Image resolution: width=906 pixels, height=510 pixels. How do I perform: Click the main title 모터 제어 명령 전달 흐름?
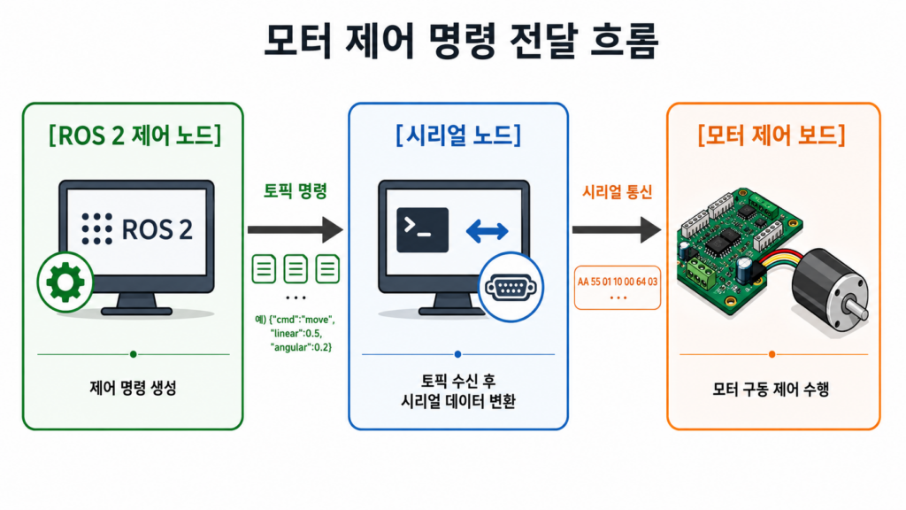[x=461, y=41]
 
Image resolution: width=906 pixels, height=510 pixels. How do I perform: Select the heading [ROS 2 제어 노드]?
[x=134, y=135]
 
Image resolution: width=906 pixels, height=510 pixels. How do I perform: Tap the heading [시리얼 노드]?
[x=458, y=135]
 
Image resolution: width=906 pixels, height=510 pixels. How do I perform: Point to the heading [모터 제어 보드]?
[x=772, y=135]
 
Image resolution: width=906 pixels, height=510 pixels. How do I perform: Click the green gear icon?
[x=65, y=282]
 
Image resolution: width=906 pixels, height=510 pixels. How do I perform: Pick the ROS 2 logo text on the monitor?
[x=137, y=229]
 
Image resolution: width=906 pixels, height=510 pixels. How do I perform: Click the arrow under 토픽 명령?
[x=296, y=229]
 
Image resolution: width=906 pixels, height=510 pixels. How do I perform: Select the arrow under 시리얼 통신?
[x=617, y=229]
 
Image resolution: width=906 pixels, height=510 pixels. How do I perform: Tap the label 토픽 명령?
[x=296, y=191]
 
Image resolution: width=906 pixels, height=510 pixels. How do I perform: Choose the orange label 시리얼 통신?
[x=617, y=191]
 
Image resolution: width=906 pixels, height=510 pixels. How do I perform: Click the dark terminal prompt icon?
[x=422, y=230]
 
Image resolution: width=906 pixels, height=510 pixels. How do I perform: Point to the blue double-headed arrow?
[x=488, y=231]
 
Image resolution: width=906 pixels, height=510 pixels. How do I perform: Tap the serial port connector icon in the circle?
[x=511, y=288]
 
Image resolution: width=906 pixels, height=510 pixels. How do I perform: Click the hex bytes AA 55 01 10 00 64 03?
[x=617, y=282]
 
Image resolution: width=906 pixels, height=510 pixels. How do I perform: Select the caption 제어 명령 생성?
[x=133, y=388]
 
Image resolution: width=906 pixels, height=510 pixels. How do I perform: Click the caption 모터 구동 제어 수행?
[x=771, y=390]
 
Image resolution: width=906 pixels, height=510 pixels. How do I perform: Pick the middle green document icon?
[x=296, y=269]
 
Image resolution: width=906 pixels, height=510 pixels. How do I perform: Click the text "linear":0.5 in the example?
[x=296, y=334]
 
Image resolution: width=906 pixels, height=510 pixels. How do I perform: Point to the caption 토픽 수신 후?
[x=457, y=381]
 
